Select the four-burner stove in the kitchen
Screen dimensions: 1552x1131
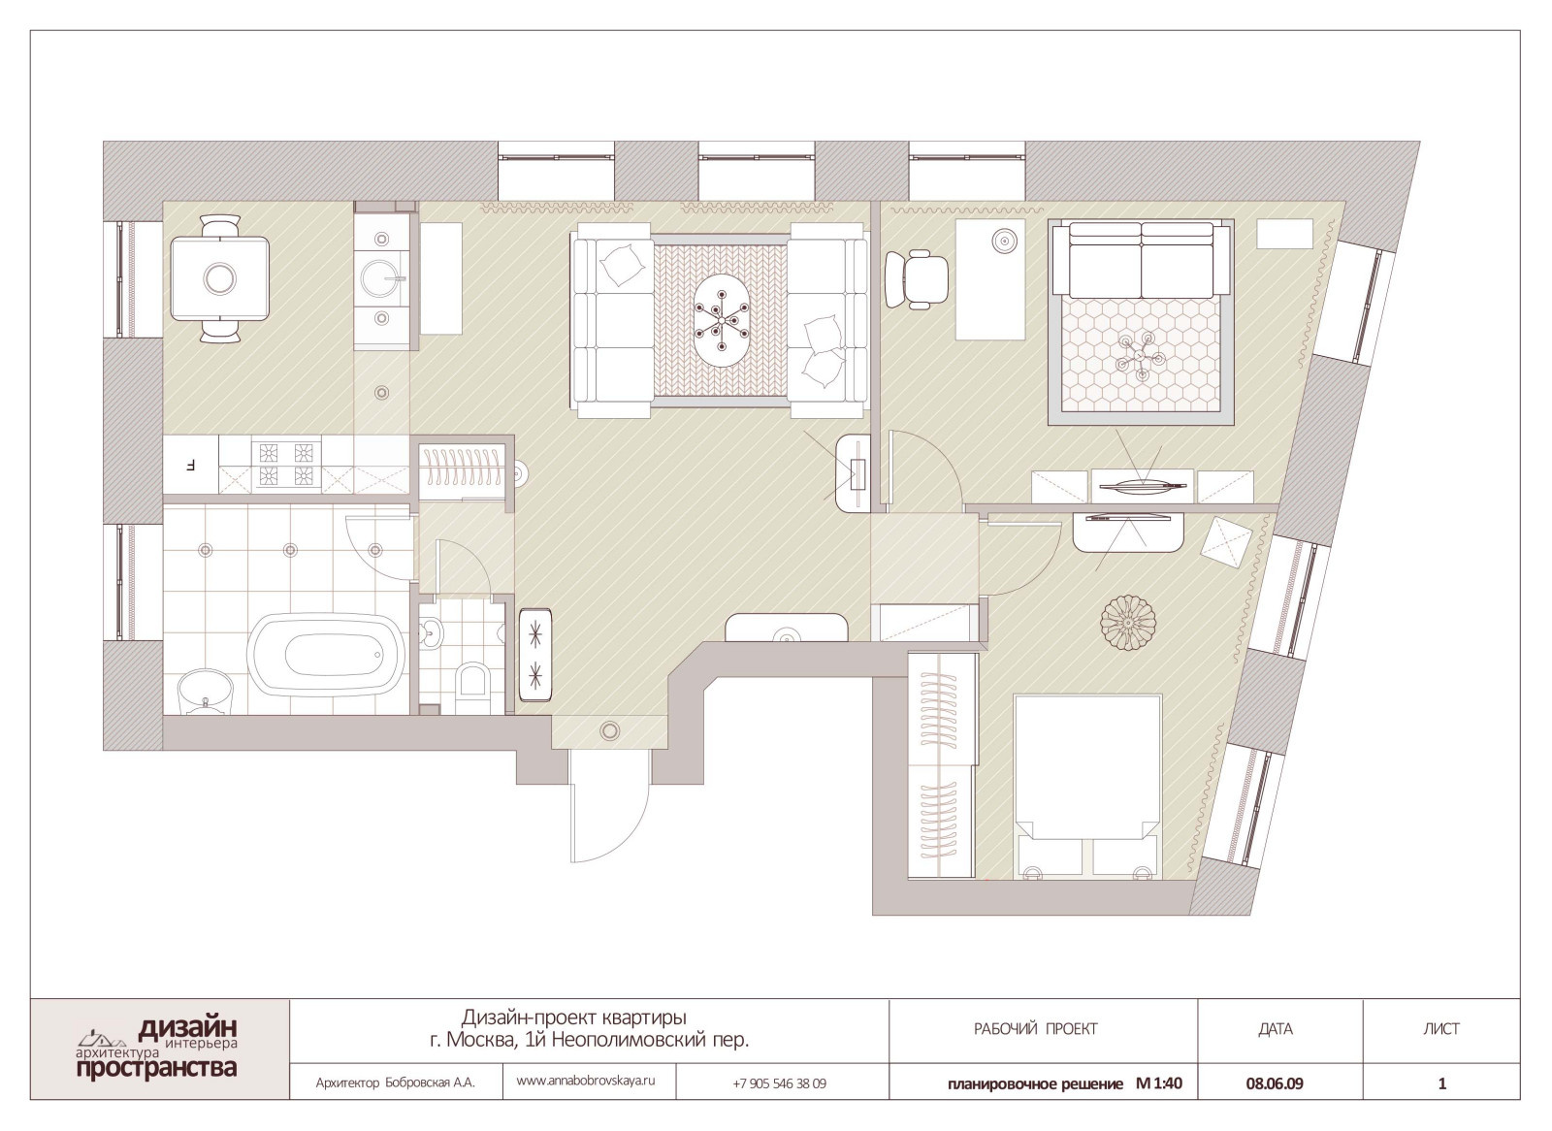pos(286,464)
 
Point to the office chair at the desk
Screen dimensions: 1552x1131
pos(917,278)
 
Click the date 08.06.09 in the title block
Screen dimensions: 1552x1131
pos(1275,1083)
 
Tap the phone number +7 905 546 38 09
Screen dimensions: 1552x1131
pos(779,1083)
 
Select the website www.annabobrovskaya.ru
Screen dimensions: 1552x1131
pos(586,1081)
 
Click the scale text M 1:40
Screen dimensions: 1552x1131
pos(1158,1083)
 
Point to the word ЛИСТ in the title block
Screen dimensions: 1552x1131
pos(1441,1029)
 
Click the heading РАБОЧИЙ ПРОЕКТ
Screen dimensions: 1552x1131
pos(1036,1029)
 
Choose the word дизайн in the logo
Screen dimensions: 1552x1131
pos(188,1027)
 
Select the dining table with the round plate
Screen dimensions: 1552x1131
pos(219,277)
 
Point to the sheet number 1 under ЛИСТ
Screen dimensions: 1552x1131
pos(1442,1083)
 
